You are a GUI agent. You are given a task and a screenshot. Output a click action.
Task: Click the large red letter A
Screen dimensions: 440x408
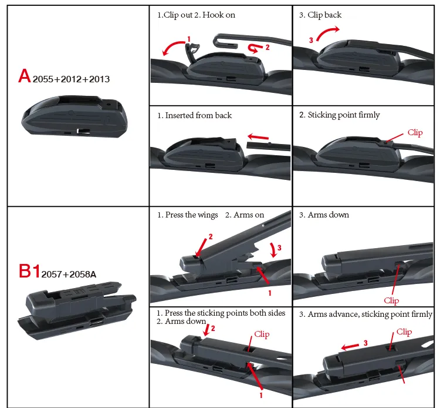[x=25, y=76]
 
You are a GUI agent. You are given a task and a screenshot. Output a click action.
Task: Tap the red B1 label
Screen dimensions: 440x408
[x=29, y=271]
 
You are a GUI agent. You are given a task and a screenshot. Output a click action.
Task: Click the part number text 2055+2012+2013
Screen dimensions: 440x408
[x=71, y=79]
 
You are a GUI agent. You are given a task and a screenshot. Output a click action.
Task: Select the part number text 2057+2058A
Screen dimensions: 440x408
[x=69, y=274]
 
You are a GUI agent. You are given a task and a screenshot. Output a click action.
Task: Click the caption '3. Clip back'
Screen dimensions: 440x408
[x=320, y=15]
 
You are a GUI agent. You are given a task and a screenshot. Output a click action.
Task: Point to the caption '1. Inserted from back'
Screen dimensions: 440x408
[x=194, y=115]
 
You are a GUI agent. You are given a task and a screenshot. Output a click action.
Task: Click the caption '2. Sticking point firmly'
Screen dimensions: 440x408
[x=339, y=115]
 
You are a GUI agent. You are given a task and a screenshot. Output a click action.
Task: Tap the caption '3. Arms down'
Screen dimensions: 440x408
[x=324, y=215]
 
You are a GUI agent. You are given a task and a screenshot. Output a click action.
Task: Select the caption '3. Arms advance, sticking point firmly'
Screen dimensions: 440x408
[x=365, y=314]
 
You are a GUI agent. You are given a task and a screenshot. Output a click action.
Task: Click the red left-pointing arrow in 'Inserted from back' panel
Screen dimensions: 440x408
[x=258, y=137]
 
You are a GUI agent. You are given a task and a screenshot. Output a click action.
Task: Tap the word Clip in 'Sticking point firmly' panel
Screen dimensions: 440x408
[x=415, y=132]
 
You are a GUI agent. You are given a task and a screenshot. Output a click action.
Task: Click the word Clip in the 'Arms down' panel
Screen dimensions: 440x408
[x=391, y=300]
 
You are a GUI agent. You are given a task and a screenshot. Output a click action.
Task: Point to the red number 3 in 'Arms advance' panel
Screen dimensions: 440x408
[x=365, y=343]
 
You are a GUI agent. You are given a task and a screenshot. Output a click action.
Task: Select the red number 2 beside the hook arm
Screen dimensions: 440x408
[x=268, y=47]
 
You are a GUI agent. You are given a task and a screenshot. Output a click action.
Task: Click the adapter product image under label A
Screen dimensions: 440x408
[x=75, y=116]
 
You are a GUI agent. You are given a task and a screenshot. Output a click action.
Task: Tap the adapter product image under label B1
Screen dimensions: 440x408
[x=77, y=310]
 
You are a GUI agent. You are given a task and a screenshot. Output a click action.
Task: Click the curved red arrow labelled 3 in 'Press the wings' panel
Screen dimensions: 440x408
[x=273, y=250]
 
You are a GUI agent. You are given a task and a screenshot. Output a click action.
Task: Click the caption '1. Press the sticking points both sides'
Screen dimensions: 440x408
[x=221, y=313]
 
